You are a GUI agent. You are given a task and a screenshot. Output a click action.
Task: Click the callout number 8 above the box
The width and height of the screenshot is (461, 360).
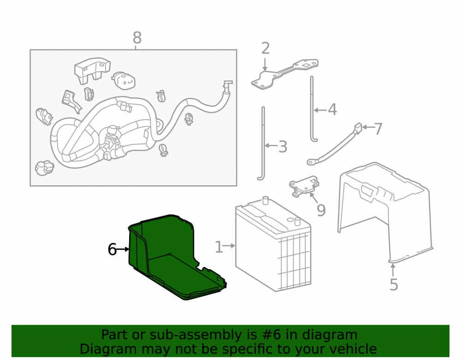(137, 38)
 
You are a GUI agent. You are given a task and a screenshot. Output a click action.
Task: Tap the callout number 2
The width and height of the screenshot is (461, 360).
(265, 48)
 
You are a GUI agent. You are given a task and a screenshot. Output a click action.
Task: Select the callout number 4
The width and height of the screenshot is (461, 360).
(332, 110)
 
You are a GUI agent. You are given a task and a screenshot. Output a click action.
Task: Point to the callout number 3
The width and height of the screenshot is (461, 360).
(283, 147)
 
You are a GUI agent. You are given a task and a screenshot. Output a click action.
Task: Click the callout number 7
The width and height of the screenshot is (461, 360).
(378, 129)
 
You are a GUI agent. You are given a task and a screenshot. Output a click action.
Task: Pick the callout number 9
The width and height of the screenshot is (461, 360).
(321, 210)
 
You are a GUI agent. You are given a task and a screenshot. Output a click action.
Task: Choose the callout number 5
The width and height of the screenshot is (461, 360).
(394, 284)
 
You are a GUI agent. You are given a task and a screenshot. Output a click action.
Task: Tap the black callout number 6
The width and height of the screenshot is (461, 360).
(112, 249)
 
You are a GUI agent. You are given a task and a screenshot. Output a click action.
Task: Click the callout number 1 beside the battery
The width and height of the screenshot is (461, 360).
(219, 247)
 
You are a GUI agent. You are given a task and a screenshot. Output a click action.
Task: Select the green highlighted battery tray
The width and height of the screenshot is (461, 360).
(173, 259)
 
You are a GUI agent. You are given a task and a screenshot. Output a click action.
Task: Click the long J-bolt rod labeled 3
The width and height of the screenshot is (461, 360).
(263, 143)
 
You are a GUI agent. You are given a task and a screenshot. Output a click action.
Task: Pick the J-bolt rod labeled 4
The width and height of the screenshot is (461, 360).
(313, 109)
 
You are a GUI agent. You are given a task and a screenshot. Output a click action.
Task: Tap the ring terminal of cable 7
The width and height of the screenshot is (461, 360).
(312, 162)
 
